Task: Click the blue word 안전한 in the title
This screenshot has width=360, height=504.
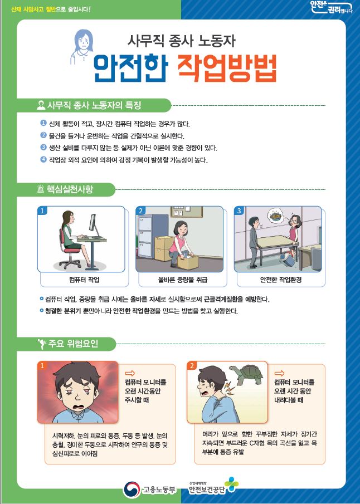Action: click(x=130, y=68)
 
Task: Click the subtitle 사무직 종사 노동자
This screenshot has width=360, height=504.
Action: click(x=182, y=41)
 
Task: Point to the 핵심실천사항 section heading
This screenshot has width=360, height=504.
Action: click(x=70, y=189)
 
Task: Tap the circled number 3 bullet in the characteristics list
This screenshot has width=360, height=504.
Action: click(x=43, y=147)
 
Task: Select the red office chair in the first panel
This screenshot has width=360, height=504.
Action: click(x=69, y=251)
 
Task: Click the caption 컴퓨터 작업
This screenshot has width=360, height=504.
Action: click(x=84, y=280)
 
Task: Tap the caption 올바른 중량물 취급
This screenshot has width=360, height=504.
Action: click(x=182, y=280)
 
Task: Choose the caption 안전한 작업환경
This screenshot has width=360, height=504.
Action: click(x=281, y=280)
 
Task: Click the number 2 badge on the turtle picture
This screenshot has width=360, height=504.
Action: click(x=192, y=365)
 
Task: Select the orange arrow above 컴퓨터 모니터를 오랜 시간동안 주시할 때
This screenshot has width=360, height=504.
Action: click(x=130, y=373)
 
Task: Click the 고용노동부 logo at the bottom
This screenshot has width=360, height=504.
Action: click(x=150, y=490)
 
